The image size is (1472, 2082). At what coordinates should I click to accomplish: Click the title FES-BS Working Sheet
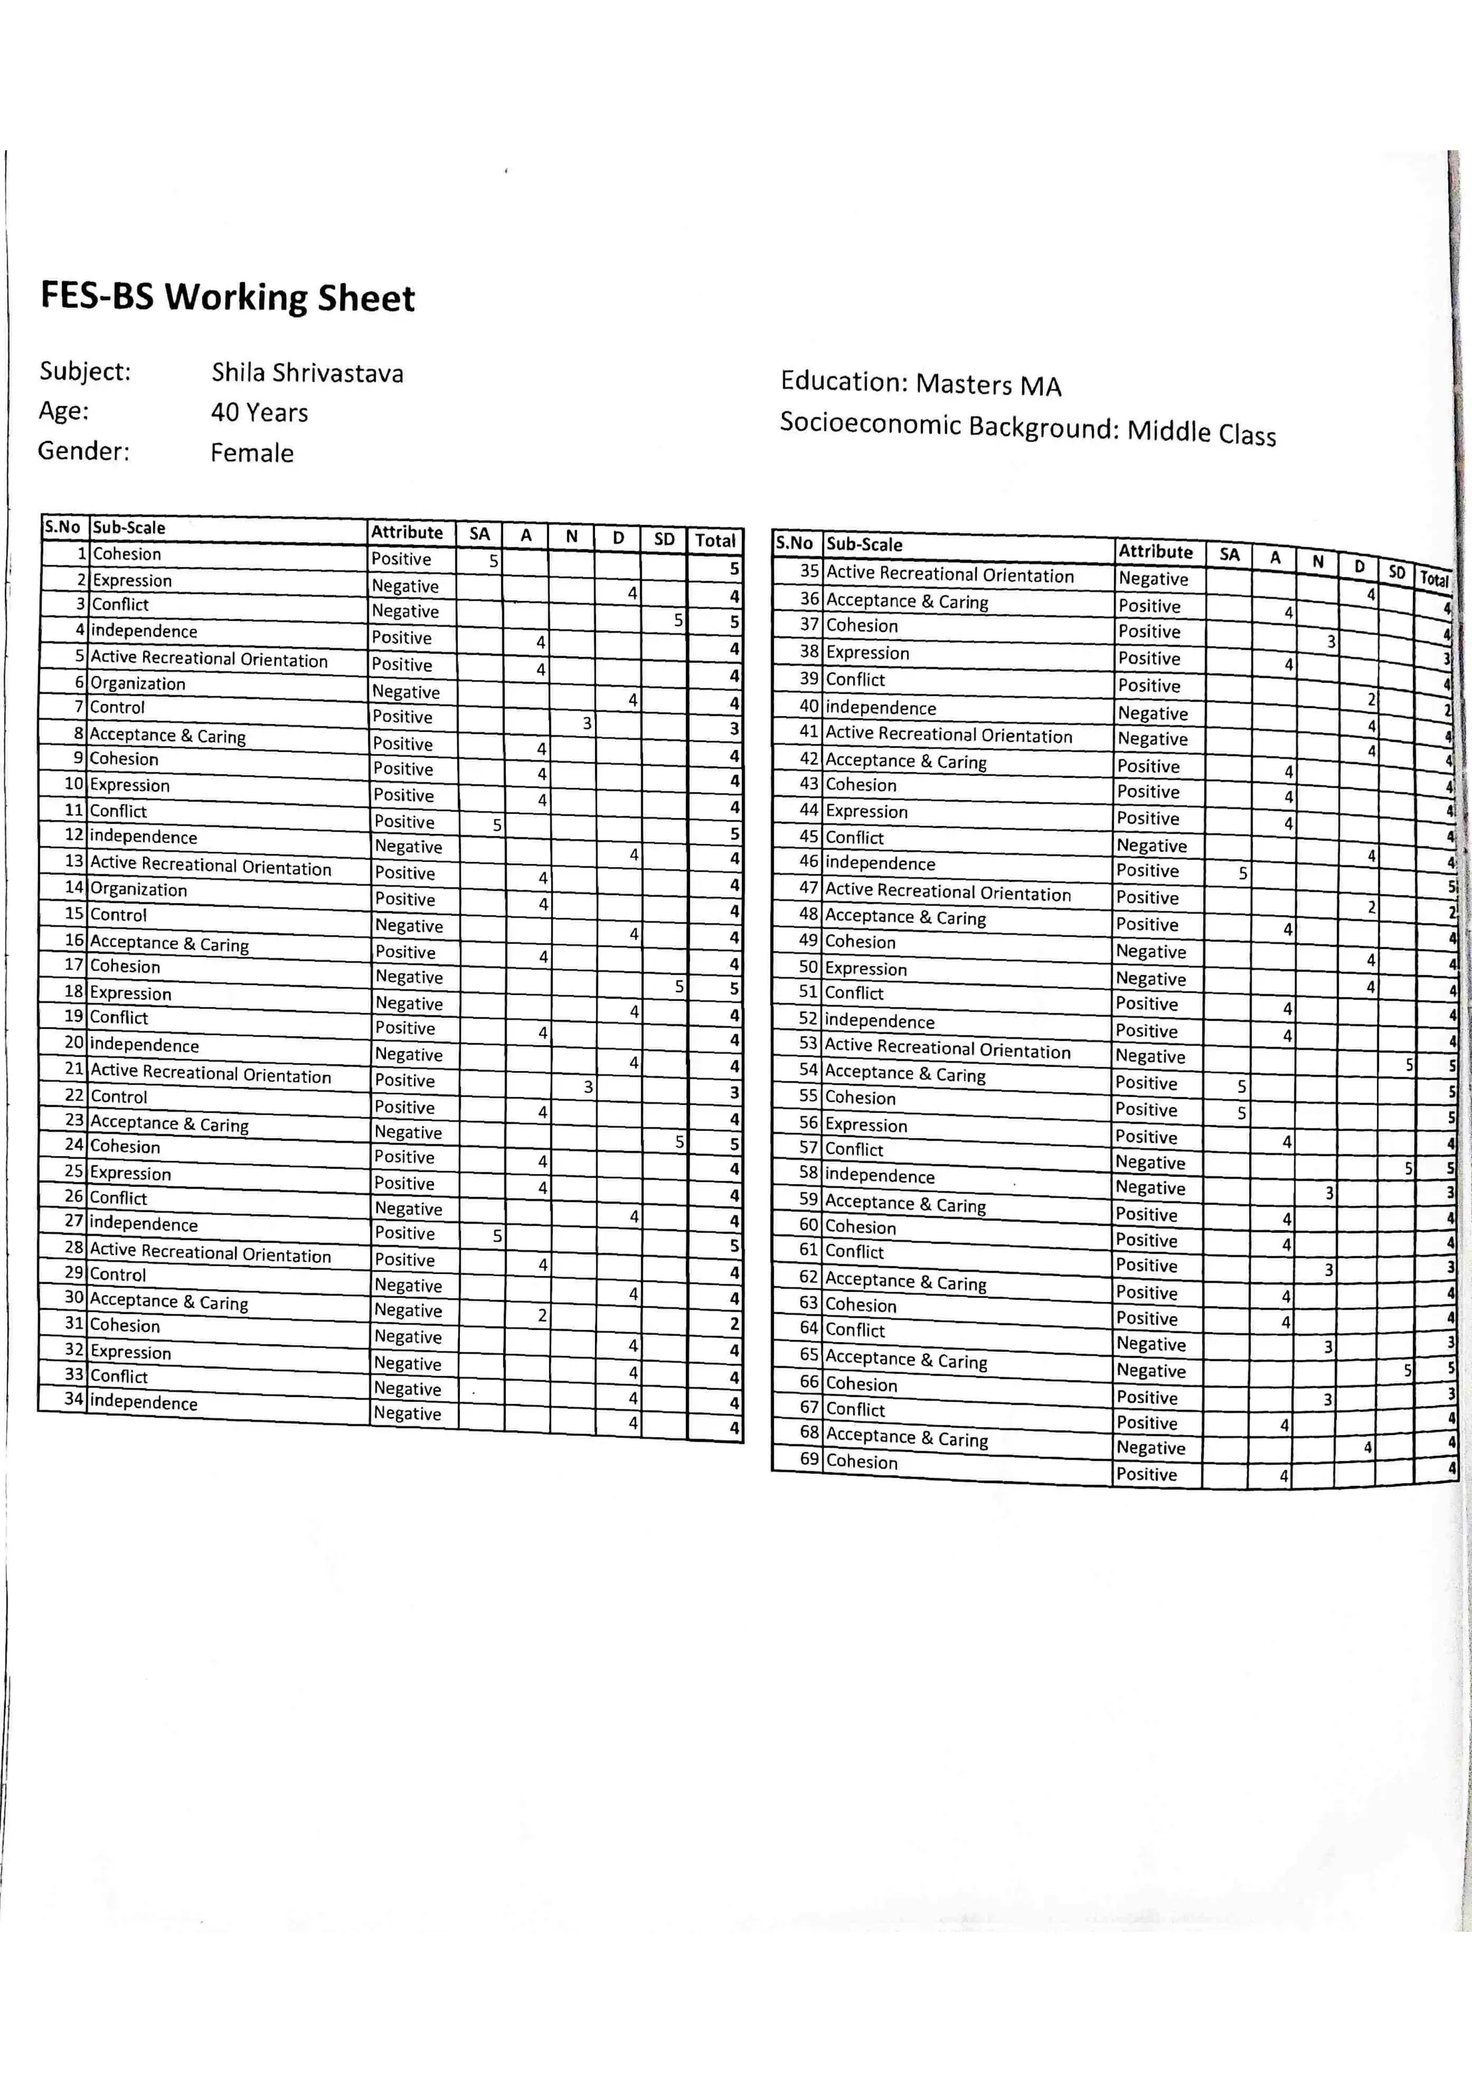[x=228, y=298]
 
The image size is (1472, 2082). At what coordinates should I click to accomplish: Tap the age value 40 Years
[x=259, y=413]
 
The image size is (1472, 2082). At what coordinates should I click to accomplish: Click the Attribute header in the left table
[x=407, y=532]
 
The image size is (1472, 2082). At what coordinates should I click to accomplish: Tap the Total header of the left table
[x=714, y=541]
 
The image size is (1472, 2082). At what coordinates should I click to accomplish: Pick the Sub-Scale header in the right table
[x=864, y=544]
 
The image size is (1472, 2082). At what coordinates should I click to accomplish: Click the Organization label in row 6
[x=138, y=684]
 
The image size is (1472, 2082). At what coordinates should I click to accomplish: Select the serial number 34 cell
[x=73, y=1398]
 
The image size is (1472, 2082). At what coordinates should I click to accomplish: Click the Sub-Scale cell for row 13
[x=211, y=866]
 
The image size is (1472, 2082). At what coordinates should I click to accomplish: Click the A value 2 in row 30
[x=541, y=1315]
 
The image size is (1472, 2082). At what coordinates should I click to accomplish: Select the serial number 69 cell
[x=809, y=1459]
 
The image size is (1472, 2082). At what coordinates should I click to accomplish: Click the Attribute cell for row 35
[x=1153, y=579]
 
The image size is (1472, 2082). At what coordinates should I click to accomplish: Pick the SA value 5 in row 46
[x=1243, y=873]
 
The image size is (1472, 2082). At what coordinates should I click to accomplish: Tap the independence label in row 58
[x=879, y=1176]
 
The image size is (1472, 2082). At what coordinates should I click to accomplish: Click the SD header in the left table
[x=663, y=538]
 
